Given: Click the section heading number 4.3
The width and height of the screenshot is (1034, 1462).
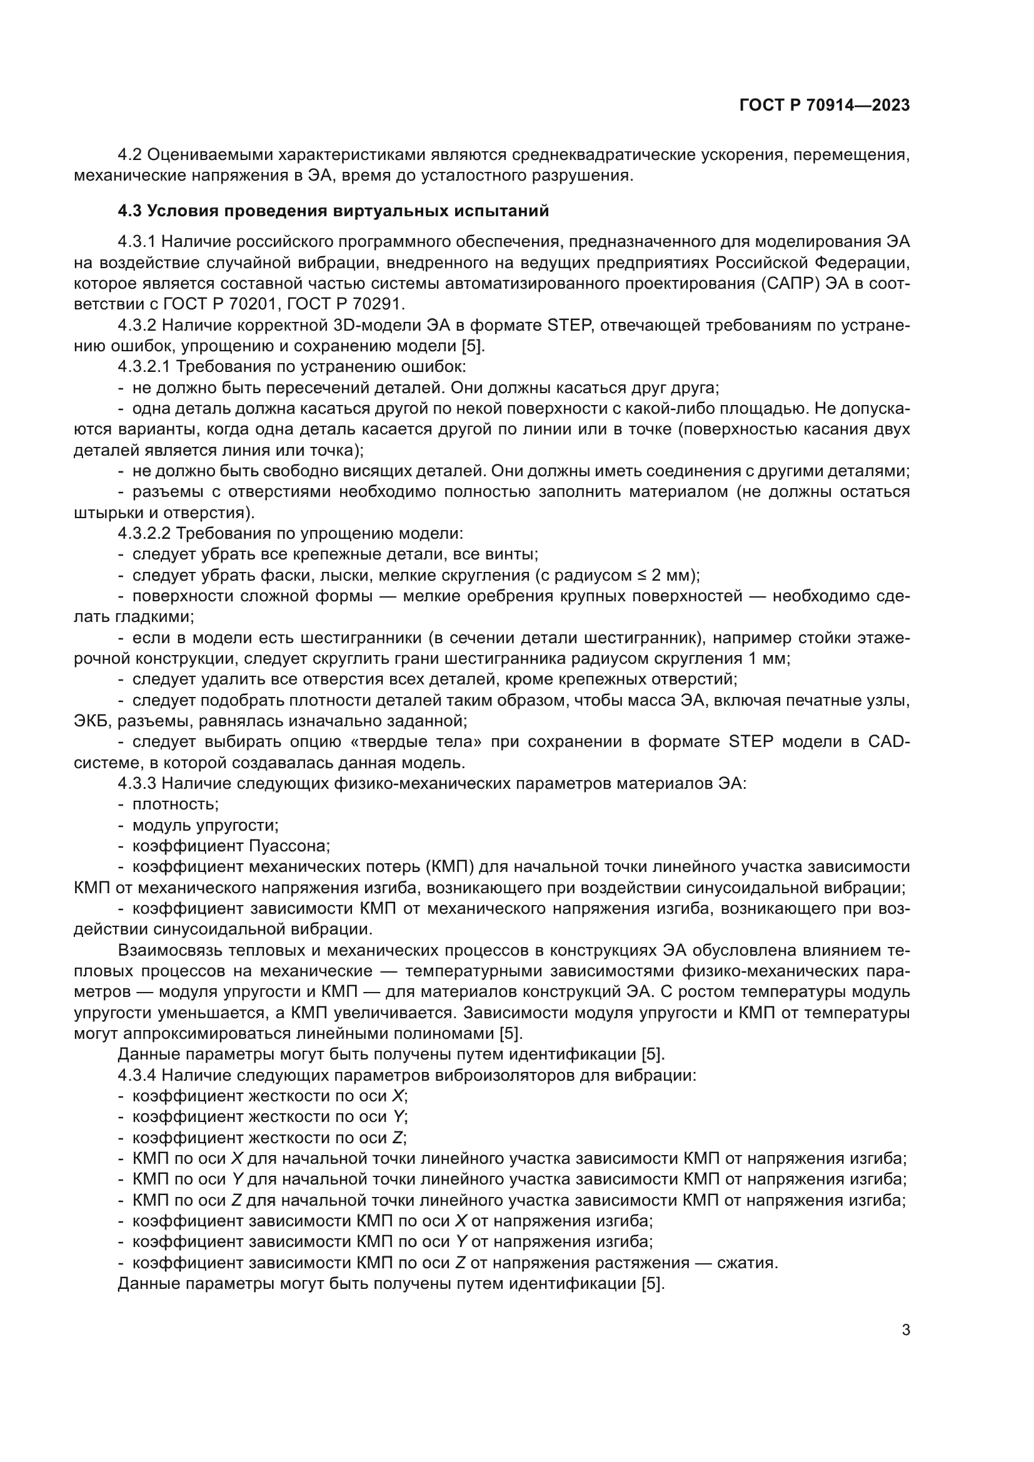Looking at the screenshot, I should click(x=129, y=211).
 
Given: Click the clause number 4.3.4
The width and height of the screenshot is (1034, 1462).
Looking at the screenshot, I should click(x=137, y=1076).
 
